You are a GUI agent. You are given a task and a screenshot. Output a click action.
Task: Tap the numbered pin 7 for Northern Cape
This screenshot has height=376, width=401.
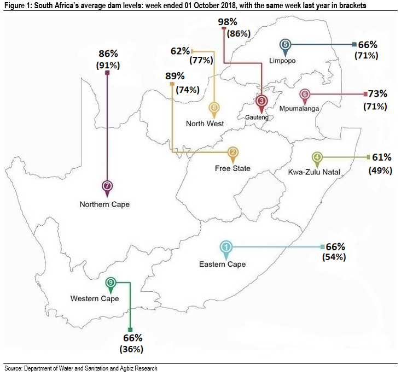pos(107,186)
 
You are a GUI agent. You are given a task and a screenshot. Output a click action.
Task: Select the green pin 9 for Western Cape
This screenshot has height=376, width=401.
pos(111,283)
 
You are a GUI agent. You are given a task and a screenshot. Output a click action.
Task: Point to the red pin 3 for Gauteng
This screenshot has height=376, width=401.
pos(261,101)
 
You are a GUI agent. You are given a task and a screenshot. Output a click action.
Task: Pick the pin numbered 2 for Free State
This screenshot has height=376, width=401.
pos(233,152)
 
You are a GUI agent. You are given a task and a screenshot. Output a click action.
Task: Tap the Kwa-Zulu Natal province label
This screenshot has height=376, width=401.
pos(314,172)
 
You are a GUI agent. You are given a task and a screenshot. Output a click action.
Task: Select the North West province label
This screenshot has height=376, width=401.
pos(205,124)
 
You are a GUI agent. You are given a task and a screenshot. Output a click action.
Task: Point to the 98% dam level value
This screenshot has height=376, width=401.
pos(227,22)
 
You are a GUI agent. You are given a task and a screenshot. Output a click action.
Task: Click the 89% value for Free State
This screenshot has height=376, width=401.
pos(175,77)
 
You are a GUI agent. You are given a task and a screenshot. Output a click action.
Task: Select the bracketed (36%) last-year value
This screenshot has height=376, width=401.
pos(131,349)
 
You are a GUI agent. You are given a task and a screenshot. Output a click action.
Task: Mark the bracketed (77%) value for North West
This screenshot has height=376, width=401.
pos(201,60)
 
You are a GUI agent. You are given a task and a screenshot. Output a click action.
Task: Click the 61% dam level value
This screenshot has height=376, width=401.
pos(381,157)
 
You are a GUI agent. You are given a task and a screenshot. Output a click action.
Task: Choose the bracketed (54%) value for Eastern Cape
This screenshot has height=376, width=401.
pos(335,257)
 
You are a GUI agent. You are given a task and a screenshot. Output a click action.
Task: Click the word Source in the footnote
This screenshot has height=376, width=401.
pos(13,369)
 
